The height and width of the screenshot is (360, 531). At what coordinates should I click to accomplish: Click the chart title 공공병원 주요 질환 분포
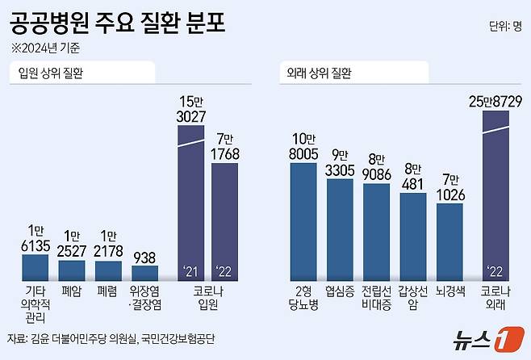pos(117,21)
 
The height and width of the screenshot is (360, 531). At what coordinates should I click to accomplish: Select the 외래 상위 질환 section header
pos(319,73)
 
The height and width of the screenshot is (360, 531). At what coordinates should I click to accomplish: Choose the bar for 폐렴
pos(109,270)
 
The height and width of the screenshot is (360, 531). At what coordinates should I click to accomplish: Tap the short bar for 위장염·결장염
pos(145,273)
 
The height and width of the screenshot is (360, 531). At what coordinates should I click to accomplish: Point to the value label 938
pos(145,257)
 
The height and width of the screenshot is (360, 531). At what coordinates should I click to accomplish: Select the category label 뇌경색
pos(449,291)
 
